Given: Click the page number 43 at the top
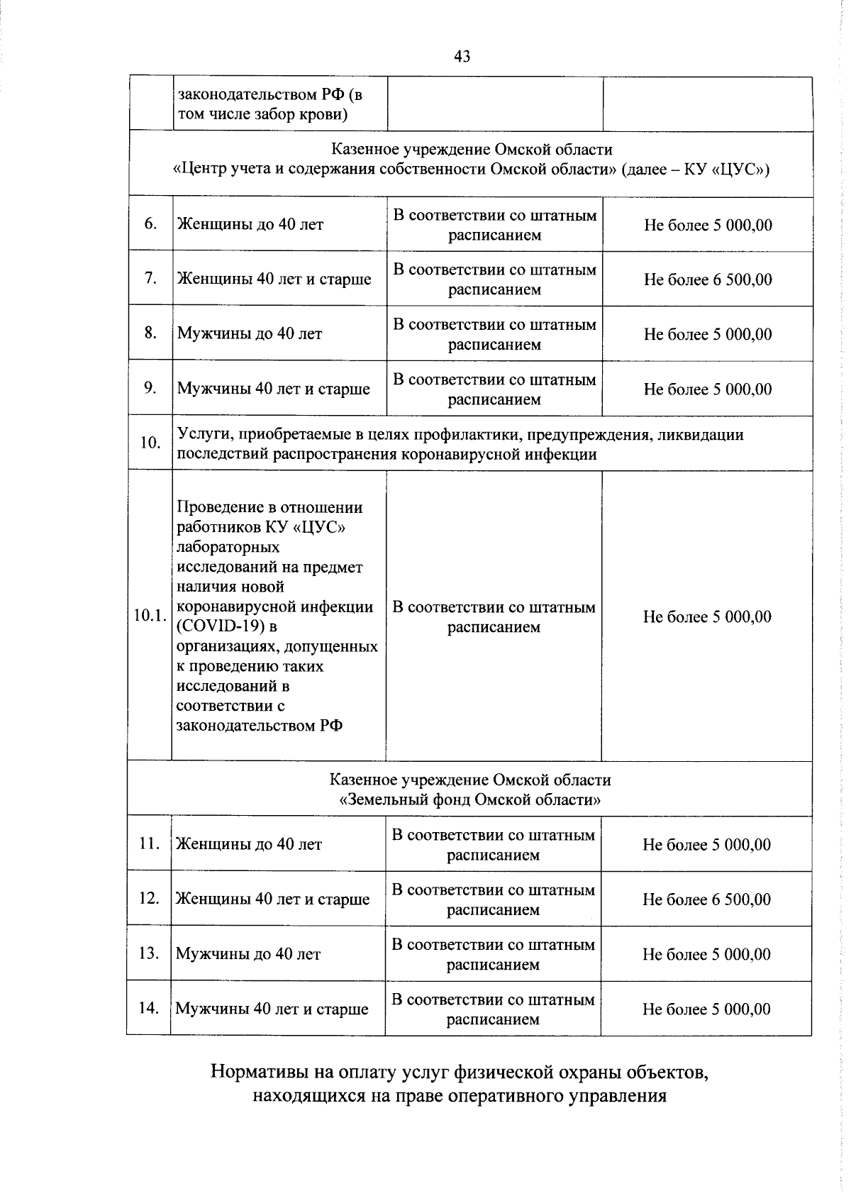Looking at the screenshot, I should (462, 56).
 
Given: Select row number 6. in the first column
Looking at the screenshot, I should (150, 224).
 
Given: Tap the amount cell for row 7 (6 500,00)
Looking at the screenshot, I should (708, 279).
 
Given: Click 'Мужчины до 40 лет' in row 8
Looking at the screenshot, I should (250, 333).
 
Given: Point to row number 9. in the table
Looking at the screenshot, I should (150, 388).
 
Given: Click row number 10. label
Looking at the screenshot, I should (150, 443).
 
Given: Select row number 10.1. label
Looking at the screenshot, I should (150, 616).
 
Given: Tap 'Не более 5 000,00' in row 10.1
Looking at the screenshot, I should (707, 617).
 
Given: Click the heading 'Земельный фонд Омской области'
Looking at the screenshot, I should (470, 800).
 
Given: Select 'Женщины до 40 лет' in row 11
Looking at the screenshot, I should (249, 844).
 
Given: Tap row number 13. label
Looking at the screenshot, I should (149, 953).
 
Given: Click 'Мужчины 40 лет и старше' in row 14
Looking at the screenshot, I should (272, 1009).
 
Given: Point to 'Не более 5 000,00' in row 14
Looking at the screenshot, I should (706, 1009).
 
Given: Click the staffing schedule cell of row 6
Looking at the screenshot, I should (495, 225).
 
